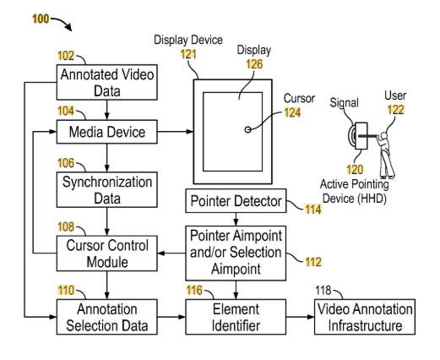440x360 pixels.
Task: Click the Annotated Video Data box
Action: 107,82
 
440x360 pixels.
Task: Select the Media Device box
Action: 107,132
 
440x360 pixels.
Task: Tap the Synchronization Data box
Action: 107,189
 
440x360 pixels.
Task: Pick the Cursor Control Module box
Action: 107,254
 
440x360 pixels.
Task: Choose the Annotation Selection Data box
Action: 107,317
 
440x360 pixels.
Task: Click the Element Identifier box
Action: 236,317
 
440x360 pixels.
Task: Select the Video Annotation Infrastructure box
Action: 365,317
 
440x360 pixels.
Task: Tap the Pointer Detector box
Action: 236,201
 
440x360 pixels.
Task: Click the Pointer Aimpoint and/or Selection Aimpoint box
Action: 236,253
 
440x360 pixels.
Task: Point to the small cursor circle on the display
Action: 247,129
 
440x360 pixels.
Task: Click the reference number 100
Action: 41,19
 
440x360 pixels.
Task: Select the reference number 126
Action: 254,64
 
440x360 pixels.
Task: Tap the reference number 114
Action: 313,209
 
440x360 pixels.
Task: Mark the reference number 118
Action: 323,290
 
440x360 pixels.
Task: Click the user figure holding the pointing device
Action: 386,155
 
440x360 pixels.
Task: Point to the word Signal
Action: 344,103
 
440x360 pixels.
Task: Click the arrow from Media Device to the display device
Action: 176,131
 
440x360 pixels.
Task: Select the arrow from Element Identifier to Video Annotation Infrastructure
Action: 301,317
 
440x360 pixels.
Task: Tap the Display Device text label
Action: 188,40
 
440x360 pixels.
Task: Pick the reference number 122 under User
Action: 396,109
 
